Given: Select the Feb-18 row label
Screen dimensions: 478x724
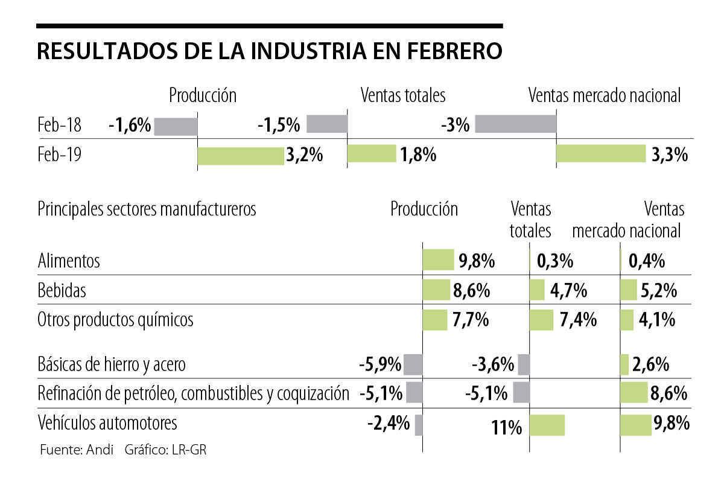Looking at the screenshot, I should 59,126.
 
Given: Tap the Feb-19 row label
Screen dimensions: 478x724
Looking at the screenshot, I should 59,155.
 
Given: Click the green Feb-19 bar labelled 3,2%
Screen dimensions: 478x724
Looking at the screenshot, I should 241,155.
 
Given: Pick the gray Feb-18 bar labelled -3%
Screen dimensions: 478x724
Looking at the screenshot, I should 515,123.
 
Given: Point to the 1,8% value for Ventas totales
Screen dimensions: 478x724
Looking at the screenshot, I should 417,155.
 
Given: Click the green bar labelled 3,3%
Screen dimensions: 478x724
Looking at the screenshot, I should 600,153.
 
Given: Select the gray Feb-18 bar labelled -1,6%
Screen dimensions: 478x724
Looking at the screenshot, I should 176,126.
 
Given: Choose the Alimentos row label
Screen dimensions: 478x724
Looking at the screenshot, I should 68,261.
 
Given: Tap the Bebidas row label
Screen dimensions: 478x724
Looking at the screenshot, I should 62,290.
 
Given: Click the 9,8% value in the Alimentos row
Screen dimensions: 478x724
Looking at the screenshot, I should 477,261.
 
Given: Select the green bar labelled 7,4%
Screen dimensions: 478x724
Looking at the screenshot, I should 541,319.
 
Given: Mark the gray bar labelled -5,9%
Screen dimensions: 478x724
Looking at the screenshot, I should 413,365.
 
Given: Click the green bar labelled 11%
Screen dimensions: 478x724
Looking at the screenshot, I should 547,424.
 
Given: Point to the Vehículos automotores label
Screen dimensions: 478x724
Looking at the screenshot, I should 107,422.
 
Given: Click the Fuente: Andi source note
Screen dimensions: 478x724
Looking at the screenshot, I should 76,450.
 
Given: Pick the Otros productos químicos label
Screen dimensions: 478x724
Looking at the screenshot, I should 115,319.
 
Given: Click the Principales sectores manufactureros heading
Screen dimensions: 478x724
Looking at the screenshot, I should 147,209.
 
